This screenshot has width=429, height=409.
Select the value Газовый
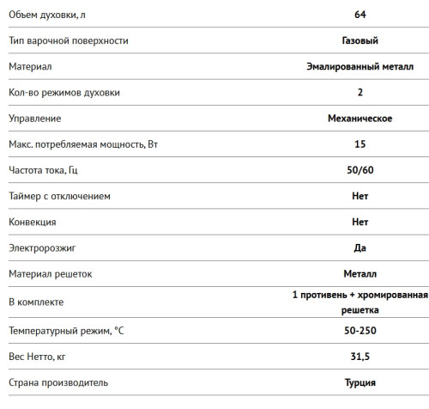(x=360, y=40)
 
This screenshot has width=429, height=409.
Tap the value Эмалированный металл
(x=360, y=66)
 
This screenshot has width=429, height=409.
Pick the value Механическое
(x=360, y=118)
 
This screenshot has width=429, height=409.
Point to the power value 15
(x=360, y=144)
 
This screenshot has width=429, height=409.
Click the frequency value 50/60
(x=360, y=170)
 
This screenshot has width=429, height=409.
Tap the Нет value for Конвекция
(x=360, y=222)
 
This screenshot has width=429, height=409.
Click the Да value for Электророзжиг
(x=360, y=247)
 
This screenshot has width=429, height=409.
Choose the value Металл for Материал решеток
(x=360, y=274)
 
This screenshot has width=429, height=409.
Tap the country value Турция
(x=360, y=382)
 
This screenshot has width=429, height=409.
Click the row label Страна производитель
(x=58, y=382)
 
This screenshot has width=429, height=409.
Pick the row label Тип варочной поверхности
(x=70, y=40)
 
